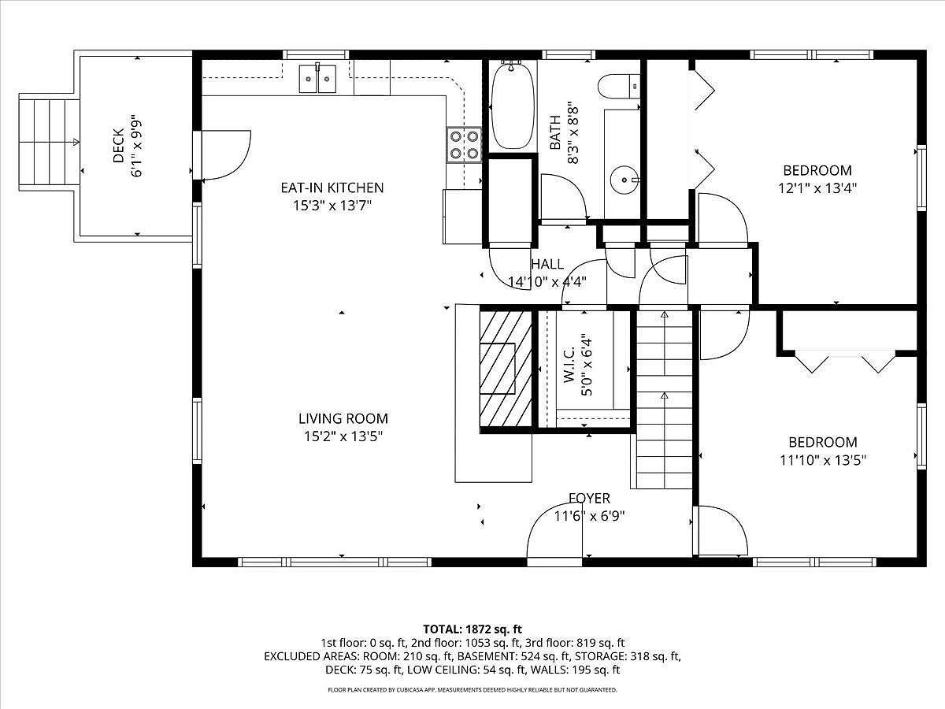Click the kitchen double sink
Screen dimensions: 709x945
tap(317, 79)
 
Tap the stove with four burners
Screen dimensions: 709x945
tap(464, 144)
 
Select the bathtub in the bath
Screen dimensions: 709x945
tap(512, 106)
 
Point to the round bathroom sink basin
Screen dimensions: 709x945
tap(627, 180)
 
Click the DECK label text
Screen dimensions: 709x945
tap(118, 146)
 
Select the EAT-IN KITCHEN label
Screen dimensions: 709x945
tap(332, 187)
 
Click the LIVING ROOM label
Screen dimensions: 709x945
tap(343, 419)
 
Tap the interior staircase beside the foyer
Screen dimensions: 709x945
tap(664, 402)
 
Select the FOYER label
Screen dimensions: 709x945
tap(589, 499)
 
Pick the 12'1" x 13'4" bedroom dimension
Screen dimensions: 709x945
tap(817, 188)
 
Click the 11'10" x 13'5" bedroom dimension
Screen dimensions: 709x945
tap(823, 461)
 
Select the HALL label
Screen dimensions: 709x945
tap(547, 265)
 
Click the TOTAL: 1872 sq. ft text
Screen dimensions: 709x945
tap(472, 629)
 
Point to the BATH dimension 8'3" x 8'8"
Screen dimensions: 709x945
tap(573, 134)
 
